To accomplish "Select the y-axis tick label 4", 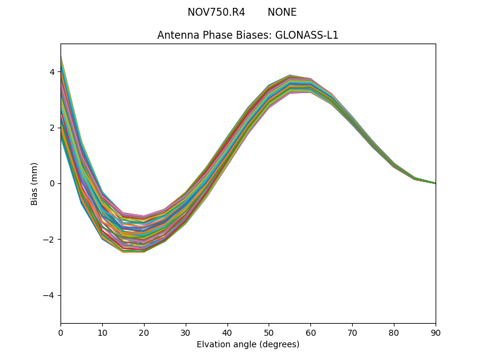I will (52, 72).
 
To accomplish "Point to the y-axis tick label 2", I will (52, 128).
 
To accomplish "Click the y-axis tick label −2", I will (50, 240).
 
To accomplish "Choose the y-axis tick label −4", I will (50, 295).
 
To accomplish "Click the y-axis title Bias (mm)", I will (34, 183).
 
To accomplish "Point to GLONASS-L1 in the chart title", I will (307, 35).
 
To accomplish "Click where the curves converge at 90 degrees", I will (435, 183).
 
